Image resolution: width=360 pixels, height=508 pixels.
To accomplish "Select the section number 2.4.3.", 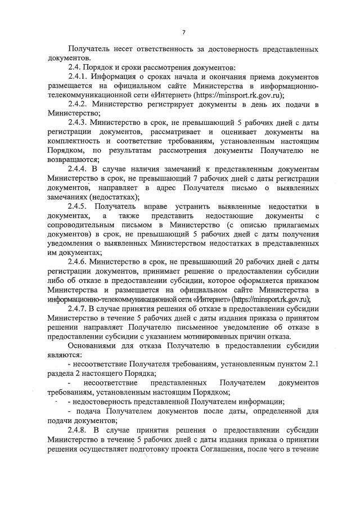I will [x=79, y=123].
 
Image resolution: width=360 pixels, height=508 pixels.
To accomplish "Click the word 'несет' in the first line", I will [x=119, y=50].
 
